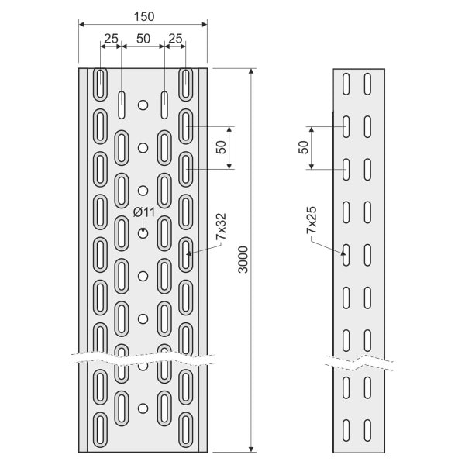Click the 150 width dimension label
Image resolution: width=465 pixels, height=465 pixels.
click(144, 16)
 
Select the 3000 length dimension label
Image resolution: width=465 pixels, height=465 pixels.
click(243, 260)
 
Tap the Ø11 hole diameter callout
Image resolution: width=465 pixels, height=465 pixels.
click(144, 212)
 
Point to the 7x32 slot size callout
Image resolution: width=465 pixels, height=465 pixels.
click(221, 227)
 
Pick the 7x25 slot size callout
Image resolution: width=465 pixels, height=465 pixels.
click(312, 220)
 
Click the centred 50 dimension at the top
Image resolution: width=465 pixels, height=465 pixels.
click(143, 39)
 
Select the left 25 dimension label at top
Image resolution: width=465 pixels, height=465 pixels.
click(111, 39)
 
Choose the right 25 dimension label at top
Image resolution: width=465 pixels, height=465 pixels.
click(175, 39)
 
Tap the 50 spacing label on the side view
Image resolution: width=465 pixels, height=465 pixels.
click(303, 147)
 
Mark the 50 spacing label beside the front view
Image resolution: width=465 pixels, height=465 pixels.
click(221, 147)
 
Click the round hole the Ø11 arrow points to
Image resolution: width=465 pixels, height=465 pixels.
click(143, 233)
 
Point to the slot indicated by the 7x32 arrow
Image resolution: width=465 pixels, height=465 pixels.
click(186, 255)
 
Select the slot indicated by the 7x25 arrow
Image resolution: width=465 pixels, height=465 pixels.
click(346, 255)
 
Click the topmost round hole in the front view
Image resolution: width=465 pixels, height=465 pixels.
click(143, 105)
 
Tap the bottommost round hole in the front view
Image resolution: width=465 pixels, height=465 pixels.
click(143, 408)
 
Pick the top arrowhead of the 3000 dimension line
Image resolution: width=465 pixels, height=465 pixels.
click(251, 71)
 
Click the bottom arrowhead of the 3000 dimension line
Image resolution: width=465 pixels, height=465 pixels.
click(251, 449)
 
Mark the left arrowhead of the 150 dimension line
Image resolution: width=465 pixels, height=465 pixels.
click(82, 24)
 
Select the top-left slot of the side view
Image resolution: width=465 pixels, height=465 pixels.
click(346, 84)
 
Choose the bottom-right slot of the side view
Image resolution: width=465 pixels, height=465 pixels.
click(367, 430)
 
